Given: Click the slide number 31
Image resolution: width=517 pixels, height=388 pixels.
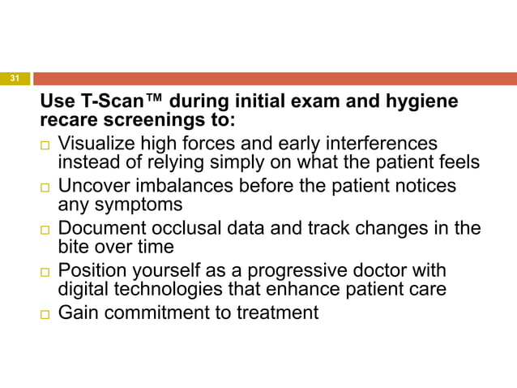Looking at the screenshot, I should [15, 78].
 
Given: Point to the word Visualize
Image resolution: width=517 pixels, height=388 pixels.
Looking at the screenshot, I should [96, 143].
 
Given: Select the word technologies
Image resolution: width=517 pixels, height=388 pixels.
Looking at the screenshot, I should [159, 291].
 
